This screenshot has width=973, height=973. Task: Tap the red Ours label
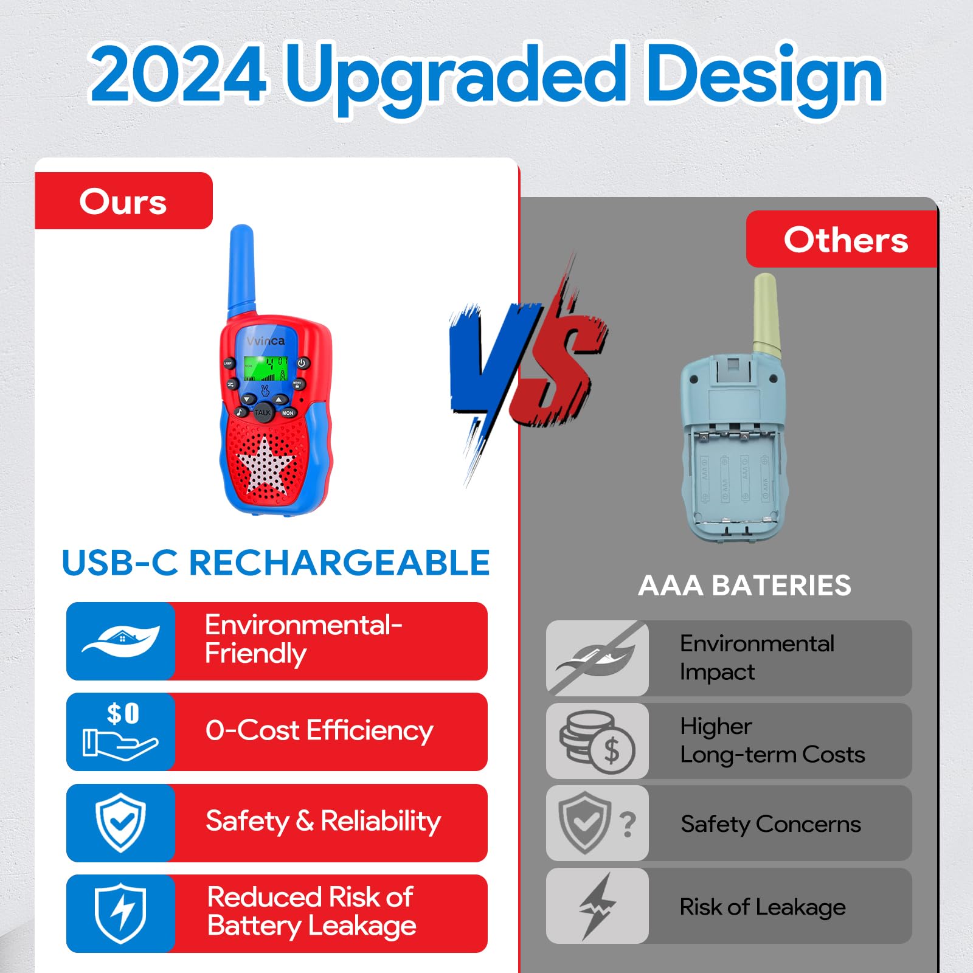pyautogui.click(x=123, y=201)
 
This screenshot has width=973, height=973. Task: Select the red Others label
pyautogui.click(x=842, y=239)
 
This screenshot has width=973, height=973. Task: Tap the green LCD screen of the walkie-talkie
pyautogui.click(x=266, y=369)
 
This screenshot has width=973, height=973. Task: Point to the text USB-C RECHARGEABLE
pyautogui.click(x=276, y=563)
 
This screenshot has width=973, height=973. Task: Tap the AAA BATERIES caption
pyautogui.click(x=745, y=586)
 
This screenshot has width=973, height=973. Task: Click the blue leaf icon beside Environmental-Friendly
pyautogui.click(x=121, y=641)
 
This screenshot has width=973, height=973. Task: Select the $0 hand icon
pyautogui.click(x=120, y=731)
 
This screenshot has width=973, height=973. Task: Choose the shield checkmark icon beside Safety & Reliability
pyautogui.click(x=120, y=823)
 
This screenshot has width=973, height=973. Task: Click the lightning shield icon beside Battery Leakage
pyautogui.click(x=120, y=913)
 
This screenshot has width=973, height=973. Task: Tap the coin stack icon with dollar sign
pyautogui.click(x=597, y=742)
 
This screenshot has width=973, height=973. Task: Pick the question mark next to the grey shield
pyautogui.click(x=628, y=825)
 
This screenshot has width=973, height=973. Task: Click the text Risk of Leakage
pyautogui.click(x=763, y=907)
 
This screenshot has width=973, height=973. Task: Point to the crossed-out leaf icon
pyautogui.click(x=597, y=659)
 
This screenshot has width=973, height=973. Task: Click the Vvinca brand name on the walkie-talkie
pyautogui.click(x=266, y=341)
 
